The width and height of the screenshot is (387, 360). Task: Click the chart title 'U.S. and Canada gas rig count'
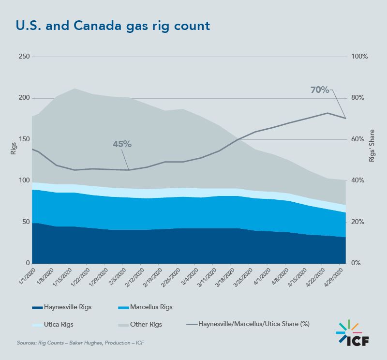113,26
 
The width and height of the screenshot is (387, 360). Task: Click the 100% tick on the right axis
359,57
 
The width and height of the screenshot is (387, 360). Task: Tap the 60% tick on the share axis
358,139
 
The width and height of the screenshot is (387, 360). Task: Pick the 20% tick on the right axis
358,222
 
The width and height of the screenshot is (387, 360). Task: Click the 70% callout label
319,90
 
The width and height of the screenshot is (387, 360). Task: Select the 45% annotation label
122,144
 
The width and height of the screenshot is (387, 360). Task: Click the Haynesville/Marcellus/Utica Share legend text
253,324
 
